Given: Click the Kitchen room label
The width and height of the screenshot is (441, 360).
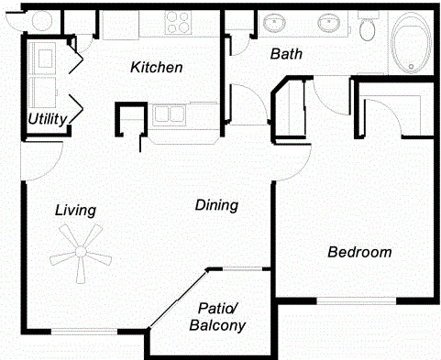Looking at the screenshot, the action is click(x=157, y=67).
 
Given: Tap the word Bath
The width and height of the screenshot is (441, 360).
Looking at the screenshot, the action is click(x=286, y=54).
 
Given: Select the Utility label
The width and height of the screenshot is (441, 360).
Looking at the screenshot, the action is click(x=48, y=119).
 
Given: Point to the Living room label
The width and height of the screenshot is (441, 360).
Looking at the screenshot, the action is click(x=75, y=211).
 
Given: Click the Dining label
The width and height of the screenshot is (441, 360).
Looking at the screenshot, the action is click(x=216, y=205).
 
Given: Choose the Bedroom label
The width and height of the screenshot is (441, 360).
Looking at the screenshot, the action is click(x=359, y=252).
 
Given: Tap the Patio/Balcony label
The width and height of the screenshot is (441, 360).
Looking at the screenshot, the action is click(x=217, y=317).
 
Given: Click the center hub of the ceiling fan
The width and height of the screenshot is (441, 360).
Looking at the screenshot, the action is click(x=81, y=252).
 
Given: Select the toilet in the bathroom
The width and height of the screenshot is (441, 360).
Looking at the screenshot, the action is click(x=367, y=28).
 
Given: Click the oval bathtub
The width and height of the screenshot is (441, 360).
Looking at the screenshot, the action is click(x=411, y=42).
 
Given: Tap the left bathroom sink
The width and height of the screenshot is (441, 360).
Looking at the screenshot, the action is click(x=274, y=23).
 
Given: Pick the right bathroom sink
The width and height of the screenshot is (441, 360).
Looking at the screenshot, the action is click(x=329, y=23).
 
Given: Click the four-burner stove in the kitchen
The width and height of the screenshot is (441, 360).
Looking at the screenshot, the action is click(x=178, y=22).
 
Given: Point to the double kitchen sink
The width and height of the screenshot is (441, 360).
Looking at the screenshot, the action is click(x=170, y=115).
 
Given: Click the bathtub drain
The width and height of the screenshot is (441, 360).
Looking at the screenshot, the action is click(x=411, y=66).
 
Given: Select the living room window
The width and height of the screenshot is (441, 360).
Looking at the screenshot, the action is click(x=84, y=331).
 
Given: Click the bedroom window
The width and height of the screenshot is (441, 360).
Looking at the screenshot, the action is click(x=357, y=300).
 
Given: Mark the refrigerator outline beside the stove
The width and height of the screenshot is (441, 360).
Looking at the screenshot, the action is click(x=121, y=25).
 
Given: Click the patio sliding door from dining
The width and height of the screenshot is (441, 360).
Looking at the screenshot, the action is click(x=178, y=300).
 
